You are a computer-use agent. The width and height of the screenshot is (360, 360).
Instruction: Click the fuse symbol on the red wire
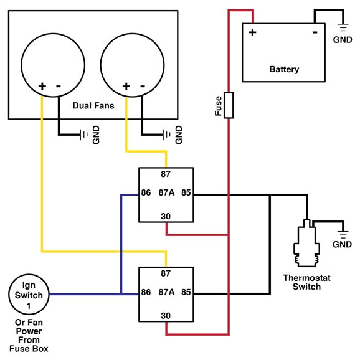(x=229, y=105)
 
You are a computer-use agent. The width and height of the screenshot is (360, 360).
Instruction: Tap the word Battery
(x=284, y=69)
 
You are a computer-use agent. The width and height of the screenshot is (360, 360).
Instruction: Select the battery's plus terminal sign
(x=253, y=32)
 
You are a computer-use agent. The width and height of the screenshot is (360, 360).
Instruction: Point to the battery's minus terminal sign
(x=316, y=32)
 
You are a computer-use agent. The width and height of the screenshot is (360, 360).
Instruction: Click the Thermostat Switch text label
(x=302, y=282)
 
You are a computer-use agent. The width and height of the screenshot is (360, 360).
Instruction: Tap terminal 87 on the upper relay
(x=166, y=175)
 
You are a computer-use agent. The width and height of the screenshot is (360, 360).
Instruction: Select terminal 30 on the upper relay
(x=166, y=216)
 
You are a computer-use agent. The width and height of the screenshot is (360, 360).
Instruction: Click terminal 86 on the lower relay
(x=146, y=291)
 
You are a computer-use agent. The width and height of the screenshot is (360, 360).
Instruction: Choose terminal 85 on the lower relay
(x=186, y=291)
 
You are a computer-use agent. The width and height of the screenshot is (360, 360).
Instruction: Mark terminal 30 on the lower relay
(x=166, y=315)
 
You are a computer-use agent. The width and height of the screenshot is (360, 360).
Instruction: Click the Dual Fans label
(x=93, y=105)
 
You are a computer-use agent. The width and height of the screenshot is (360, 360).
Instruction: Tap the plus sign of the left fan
(x=42, y=86)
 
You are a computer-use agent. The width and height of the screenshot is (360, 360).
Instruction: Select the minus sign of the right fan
(x=143, y=86)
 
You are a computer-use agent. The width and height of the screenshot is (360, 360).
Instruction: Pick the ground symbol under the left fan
(x=83, y=135)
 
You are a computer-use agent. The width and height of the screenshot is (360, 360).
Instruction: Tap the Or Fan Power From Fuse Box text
(x=29, y=336)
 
